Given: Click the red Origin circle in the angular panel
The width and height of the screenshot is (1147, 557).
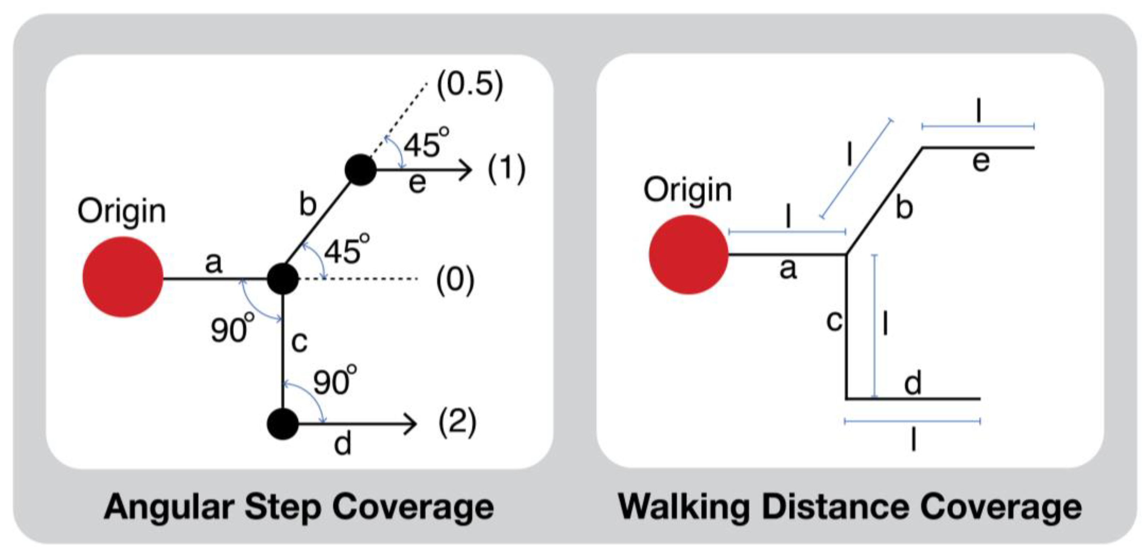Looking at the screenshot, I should point(123,277).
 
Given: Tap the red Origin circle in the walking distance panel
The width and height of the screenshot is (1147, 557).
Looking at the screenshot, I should point(688,254).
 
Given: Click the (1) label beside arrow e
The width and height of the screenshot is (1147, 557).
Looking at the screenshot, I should point(506,169).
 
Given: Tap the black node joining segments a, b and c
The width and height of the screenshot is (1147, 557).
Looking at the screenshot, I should point(283,279).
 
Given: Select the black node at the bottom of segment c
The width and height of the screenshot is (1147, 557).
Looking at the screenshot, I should point(283,424).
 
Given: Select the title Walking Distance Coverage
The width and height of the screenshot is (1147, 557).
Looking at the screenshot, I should point(849,507).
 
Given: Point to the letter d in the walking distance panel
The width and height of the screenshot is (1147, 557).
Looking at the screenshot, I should point(913,383).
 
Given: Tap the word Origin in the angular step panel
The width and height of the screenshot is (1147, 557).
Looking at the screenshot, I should point(122,211).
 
